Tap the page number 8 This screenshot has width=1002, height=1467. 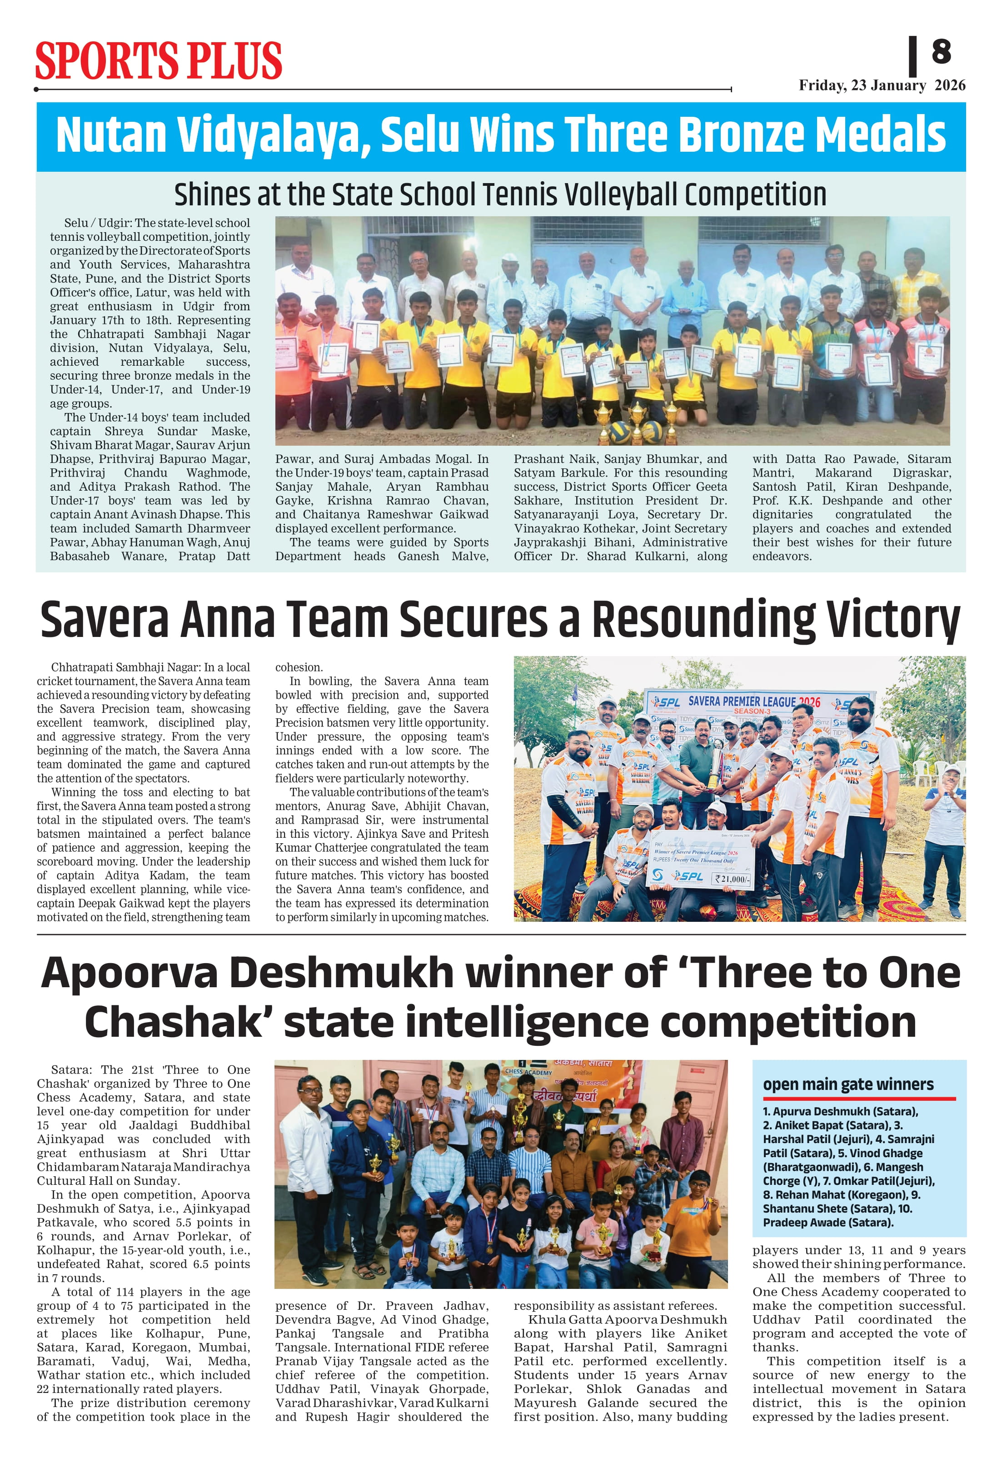click(x=941, y=52)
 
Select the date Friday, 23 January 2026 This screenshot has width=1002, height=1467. click(x=882, y=85)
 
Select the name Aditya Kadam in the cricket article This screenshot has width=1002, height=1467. click(x=123, y=875)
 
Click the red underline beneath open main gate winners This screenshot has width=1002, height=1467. click(x=859, y=1099)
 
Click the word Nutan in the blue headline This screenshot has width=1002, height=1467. click(x=111, y=134)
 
